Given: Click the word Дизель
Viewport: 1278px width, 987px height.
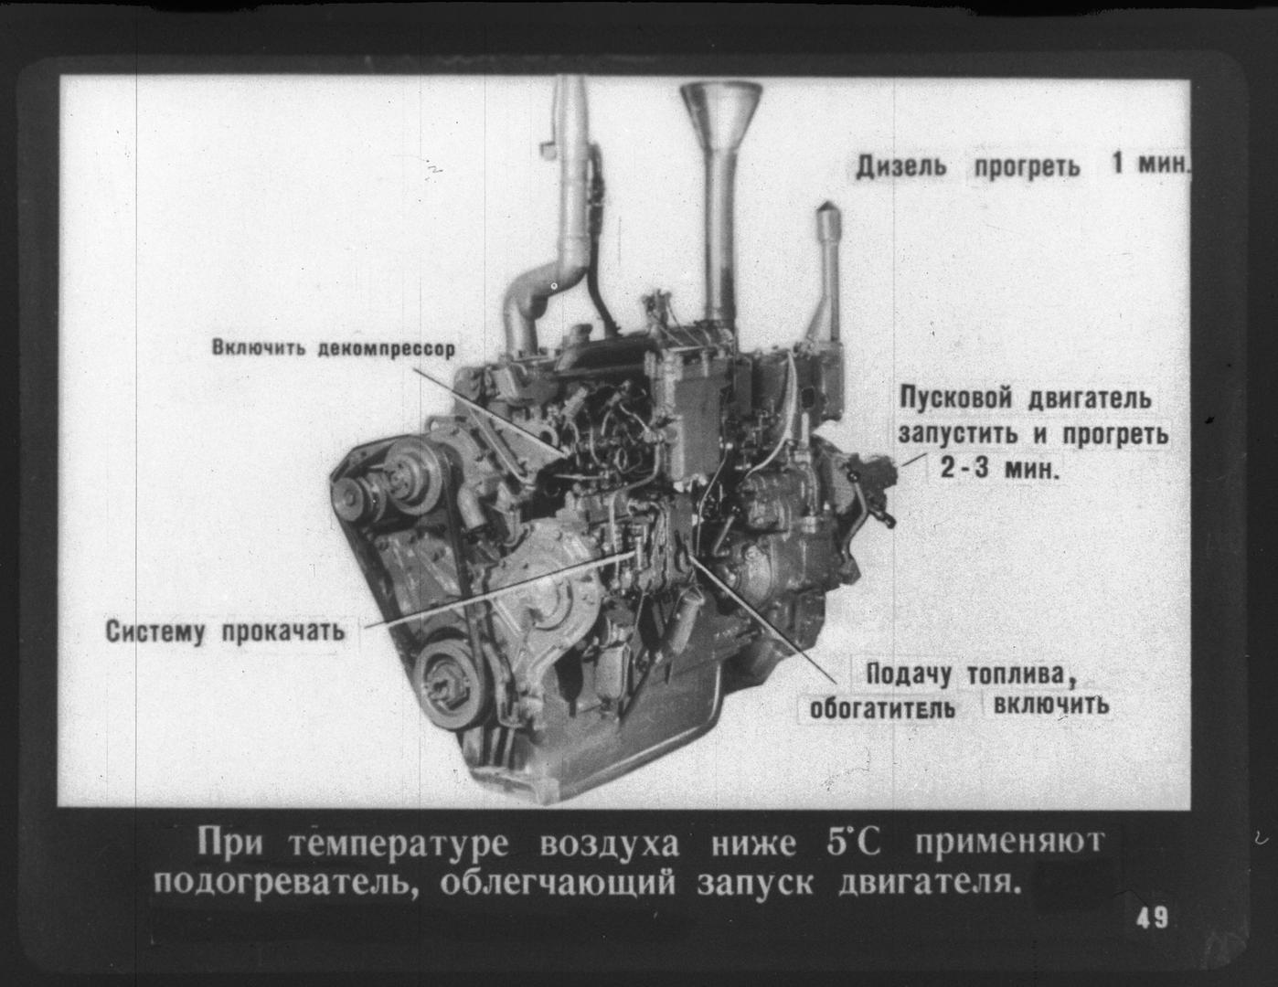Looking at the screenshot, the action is pyautogui.click(x=901, y=166).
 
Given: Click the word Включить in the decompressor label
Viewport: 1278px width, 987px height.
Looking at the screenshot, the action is pyautogui.click(x=259, y=347).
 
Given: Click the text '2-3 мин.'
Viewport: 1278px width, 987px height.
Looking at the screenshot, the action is pyautogui.click(x=1000, y=469).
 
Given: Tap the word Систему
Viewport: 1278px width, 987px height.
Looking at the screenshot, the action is pyautogui.click(x=155, y=631).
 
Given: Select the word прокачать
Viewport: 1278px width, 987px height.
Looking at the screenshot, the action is pyautogui.click(x=282, y=631).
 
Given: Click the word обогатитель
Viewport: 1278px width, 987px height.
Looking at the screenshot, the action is pyautogui.click(x=882, y=709).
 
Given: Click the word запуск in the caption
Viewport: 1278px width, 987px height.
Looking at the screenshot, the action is pyautogui.click(x=755, y=885).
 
